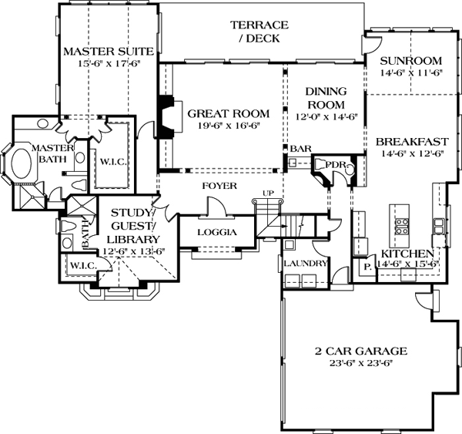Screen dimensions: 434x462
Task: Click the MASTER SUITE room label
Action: [x=109, y=51]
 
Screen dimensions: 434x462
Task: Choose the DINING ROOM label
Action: [x=326, y=97]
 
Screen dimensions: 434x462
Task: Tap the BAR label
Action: [x=300, y=148]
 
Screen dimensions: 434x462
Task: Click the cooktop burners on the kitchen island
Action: [x=401, y=225]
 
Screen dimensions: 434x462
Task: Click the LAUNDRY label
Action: [x=305, y=264]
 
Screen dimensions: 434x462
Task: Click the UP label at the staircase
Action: [x=268, y=192]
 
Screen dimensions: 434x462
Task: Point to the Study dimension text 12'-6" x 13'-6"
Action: [x=134, y=250]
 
